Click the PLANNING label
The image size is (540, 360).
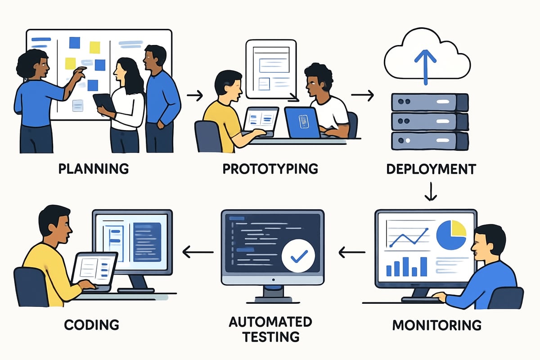coord(94,169)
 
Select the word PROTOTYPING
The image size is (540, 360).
coord(270,169)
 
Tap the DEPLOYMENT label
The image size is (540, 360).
coord(431,169)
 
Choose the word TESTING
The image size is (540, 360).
coord(270,336)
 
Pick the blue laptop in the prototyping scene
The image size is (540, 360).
coord(302,122)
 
